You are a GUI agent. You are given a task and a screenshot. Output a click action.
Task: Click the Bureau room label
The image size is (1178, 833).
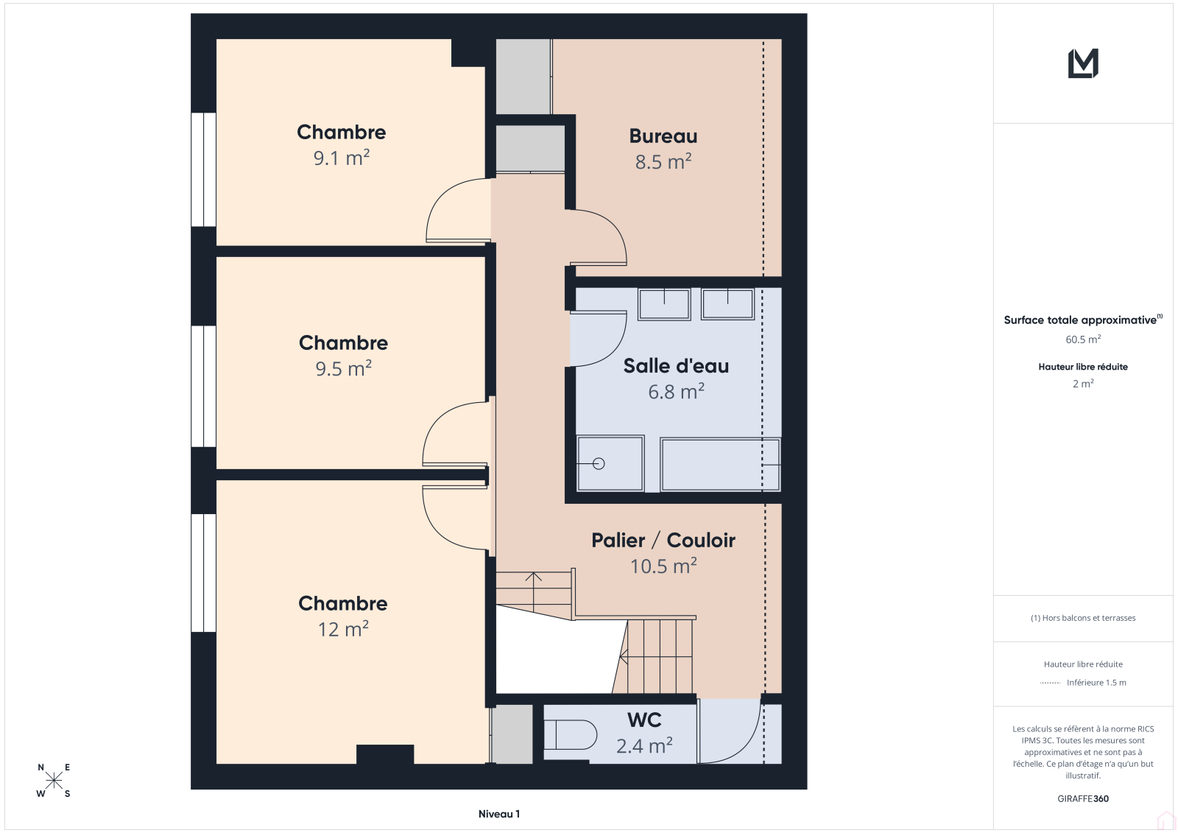tap(663, 136)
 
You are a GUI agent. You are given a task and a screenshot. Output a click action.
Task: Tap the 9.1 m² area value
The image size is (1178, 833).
tap(342, 158)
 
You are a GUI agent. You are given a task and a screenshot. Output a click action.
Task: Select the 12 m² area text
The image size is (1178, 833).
tap(343, 629)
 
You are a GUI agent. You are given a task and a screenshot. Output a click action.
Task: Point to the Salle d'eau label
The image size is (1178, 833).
tap(676, 366)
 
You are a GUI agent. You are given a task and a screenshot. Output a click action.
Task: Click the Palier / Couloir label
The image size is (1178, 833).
tap(663, 541)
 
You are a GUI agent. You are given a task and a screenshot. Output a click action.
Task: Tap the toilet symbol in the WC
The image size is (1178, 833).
tap(570, 734)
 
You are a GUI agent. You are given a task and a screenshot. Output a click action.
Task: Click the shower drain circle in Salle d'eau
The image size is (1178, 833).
tap(599, 463)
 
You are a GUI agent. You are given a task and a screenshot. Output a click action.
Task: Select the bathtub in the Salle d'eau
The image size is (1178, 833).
tap(721, 465)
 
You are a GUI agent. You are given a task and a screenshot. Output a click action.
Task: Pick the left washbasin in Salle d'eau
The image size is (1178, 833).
tap(664, 303)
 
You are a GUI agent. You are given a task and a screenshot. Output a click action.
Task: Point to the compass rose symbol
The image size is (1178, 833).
tap(54, 780)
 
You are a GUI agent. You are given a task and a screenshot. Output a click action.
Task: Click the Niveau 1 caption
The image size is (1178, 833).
tap(499, 814)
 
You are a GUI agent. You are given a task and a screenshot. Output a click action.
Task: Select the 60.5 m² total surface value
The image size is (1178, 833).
tap(1083, 339)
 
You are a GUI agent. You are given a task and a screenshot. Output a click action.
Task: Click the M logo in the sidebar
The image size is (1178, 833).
tap(1083, 63)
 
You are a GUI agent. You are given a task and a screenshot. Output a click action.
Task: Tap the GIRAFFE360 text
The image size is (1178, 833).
tap(1083, 798)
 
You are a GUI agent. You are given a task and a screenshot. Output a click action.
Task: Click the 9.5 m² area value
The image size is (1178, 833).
tap(343, 368)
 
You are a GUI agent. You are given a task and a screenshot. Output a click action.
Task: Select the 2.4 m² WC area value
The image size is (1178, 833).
tap(644, 745)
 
